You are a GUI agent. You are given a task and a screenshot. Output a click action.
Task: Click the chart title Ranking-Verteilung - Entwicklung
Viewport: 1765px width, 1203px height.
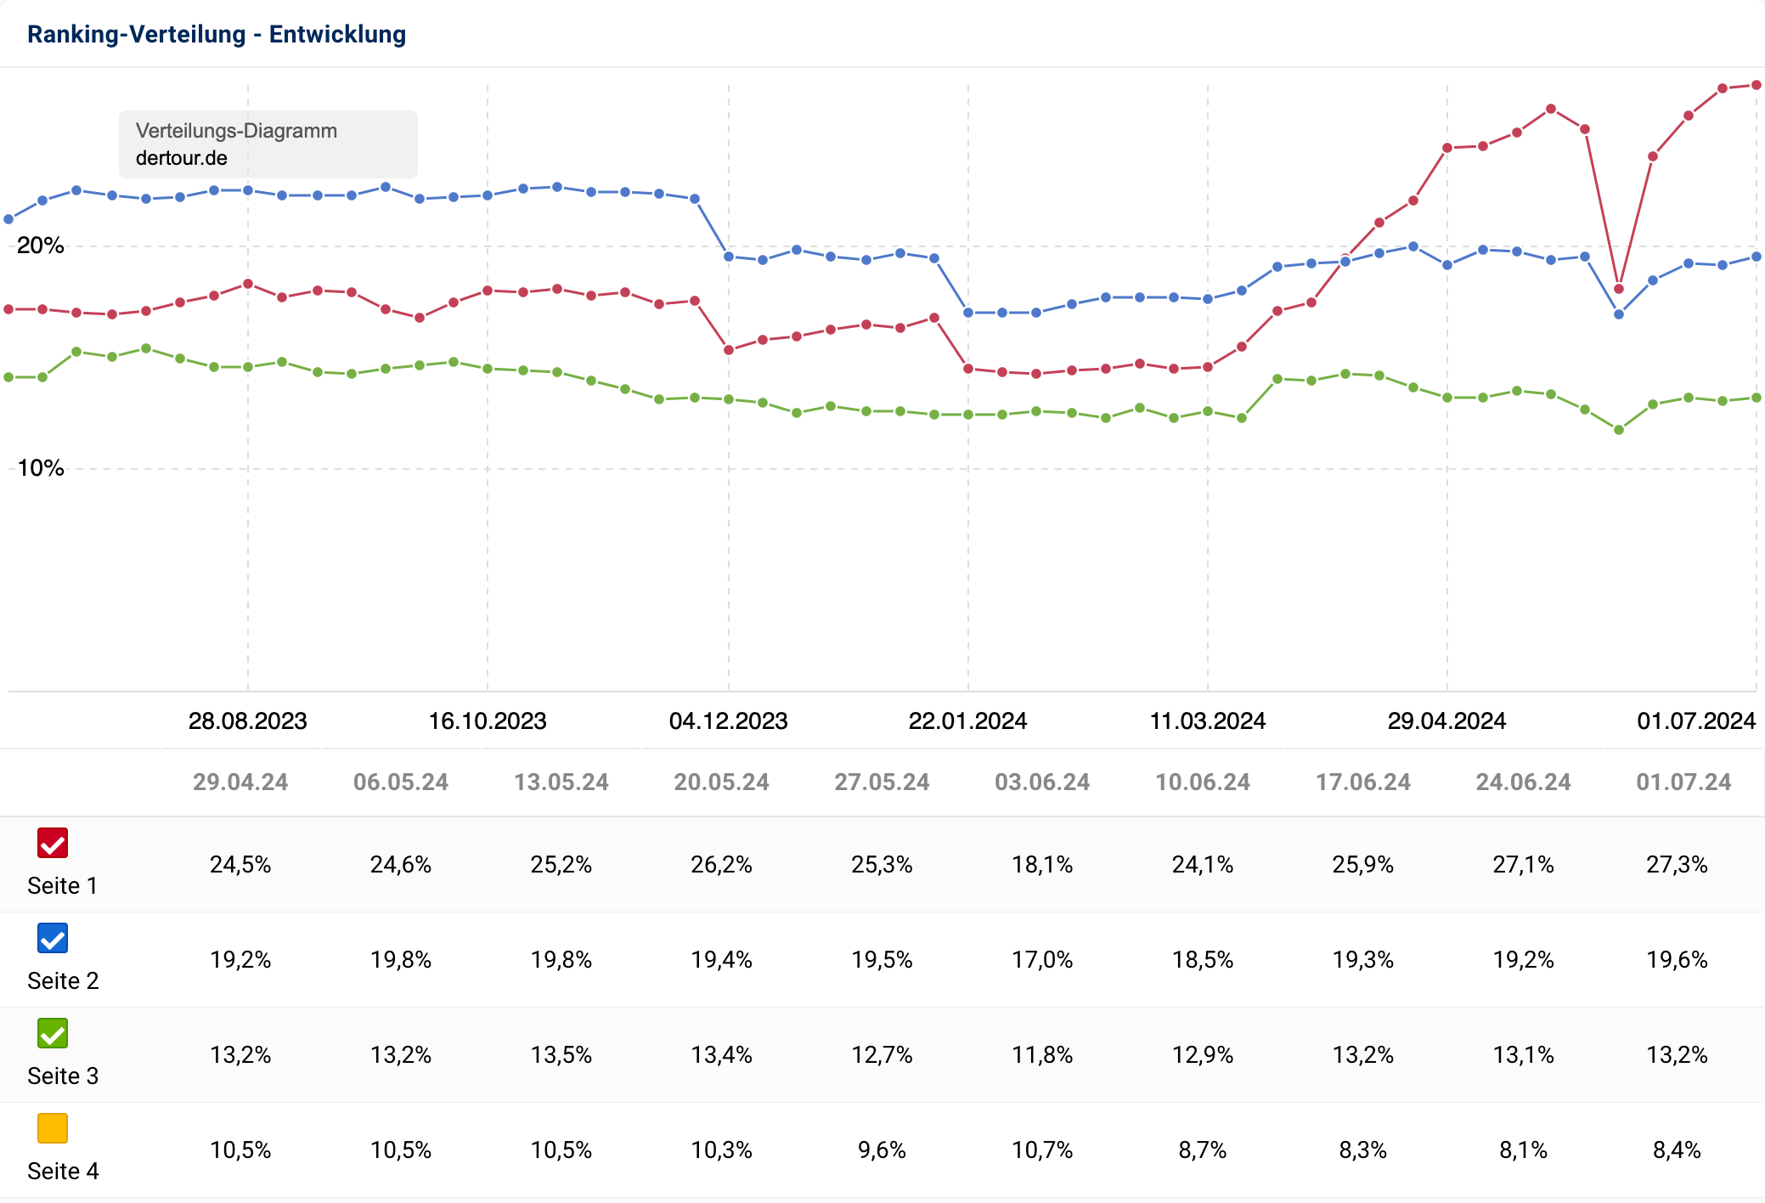(x=217, y=34)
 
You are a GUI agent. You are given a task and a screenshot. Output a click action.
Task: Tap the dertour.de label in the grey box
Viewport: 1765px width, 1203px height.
(x=182, y=158)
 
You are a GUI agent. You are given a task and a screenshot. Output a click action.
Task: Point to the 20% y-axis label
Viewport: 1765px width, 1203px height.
(x=41, y=246)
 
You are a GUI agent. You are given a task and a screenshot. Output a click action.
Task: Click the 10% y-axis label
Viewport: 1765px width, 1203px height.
(x=41, y=468)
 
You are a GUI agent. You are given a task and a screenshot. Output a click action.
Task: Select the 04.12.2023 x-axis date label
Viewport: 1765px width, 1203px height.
(x=728, y=721)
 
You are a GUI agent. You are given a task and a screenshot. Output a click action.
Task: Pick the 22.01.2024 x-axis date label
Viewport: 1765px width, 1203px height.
(x=967, y=721)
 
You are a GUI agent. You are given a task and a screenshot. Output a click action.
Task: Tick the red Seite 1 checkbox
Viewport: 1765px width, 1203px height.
(x=53, y=843)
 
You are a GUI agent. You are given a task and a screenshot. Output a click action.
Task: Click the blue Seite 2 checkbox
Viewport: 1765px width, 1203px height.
(x=53, y=938)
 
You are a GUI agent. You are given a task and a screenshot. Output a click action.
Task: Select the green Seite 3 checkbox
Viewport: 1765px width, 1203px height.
(x=53, y=1033)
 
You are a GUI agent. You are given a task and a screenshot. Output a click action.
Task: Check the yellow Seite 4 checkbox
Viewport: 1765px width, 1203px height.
(x=53, y=1128)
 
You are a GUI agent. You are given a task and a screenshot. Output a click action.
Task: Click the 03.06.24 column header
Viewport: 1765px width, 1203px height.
(x=1042, y=782)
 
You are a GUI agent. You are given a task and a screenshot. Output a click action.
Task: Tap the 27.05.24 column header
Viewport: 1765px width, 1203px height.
(x=882, y=782)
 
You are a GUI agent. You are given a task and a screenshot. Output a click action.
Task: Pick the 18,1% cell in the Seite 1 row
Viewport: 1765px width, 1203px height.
(x=1042, y=865)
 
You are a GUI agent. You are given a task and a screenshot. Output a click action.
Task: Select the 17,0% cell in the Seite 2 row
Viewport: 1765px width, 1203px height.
(x=1042, y=960)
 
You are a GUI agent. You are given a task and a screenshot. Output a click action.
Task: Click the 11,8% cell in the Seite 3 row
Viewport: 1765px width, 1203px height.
(x=1042, y=1055)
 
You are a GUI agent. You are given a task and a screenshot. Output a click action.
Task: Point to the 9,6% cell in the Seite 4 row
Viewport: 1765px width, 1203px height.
(x=882, y=1150)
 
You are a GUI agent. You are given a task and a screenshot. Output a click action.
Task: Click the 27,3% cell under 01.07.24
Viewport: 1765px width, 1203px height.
(x=1677, y=865)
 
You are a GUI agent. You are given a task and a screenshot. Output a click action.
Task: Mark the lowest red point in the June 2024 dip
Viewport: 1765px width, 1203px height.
(x=1619, y=289)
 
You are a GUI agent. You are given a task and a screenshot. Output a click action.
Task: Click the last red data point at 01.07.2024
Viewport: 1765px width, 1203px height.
(x=1757, y=85)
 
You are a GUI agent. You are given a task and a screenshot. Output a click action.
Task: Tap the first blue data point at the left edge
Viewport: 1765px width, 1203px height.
(x=8, y=219)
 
